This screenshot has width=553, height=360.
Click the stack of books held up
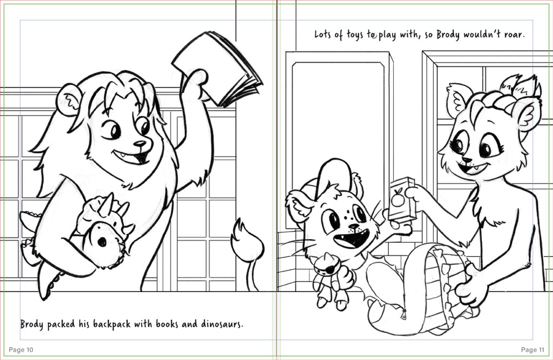pos(218,67)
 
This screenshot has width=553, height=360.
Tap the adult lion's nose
pos(140,144)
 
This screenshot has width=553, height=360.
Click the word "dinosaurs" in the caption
pos(222,324)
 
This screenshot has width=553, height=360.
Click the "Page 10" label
pos(21,349)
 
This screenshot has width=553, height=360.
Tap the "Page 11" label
pos(532,349)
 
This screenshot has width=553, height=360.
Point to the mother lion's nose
pos(467,160)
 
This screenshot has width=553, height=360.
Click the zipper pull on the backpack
pos(403,314)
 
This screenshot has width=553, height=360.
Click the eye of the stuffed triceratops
pos(102,242)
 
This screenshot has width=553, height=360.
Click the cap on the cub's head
pos(331,176)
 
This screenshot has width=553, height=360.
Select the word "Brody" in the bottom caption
pos(32,324)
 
